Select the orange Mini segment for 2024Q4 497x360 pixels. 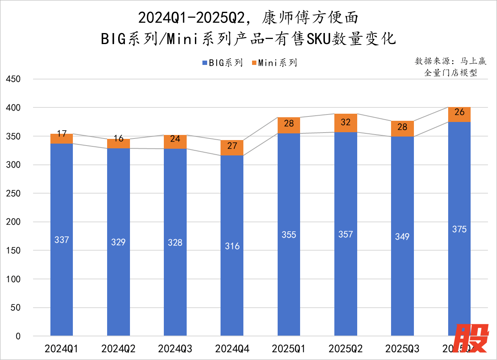(x=232, y=148)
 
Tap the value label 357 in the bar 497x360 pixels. (x=345, y=234)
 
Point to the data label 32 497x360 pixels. (x=345, y=122)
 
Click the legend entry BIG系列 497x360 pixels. (x=222, y=63)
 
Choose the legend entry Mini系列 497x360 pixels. (x=274, y=63)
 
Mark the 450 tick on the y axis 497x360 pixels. (x=13, y=79)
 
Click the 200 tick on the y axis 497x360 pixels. (x=13, y=222)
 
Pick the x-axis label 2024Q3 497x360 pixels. (x=175, y=349)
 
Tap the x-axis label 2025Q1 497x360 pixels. (x=289, y=349)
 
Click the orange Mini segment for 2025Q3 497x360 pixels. (x=402, y=129)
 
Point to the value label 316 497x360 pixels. (x=232, y=246)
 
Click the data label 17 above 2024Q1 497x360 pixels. (x=61, y=133)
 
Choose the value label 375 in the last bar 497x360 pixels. (x=459, y=229)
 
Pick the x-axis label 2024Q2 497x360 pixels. (x=118, y=349)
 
